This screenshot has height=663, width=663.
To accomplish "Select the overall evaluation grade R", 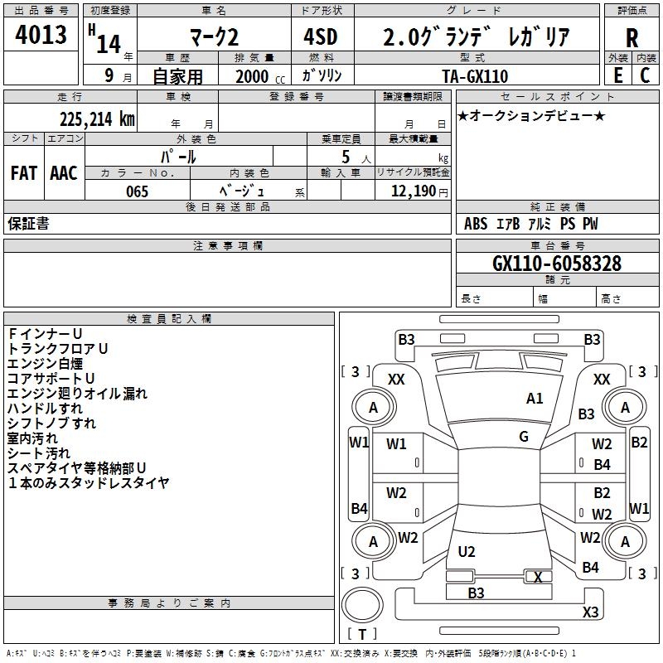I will point(632,38).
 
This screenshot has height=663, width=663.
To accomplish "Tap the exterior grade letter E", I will point(617,75).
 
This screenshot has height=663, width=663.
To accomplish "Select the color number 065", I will point(137,191).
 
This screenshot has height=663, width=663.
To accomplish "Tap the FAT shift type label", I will point(24,173).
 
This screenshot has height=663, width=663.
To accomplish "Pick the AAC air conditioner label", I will point(64,173).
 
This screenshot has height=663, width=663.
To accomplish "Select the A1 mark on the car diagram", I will point(535,399).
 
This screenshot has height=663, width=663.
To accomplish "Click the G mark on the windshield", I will point(524,437).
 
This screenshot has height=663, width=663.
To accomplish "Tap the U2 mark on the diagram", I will point(467,552).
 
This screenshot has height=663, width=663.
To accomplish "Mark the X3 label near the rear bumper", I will point(590,612).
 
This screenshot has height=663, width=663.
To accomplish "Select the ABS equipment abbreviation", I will point(476,224).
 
